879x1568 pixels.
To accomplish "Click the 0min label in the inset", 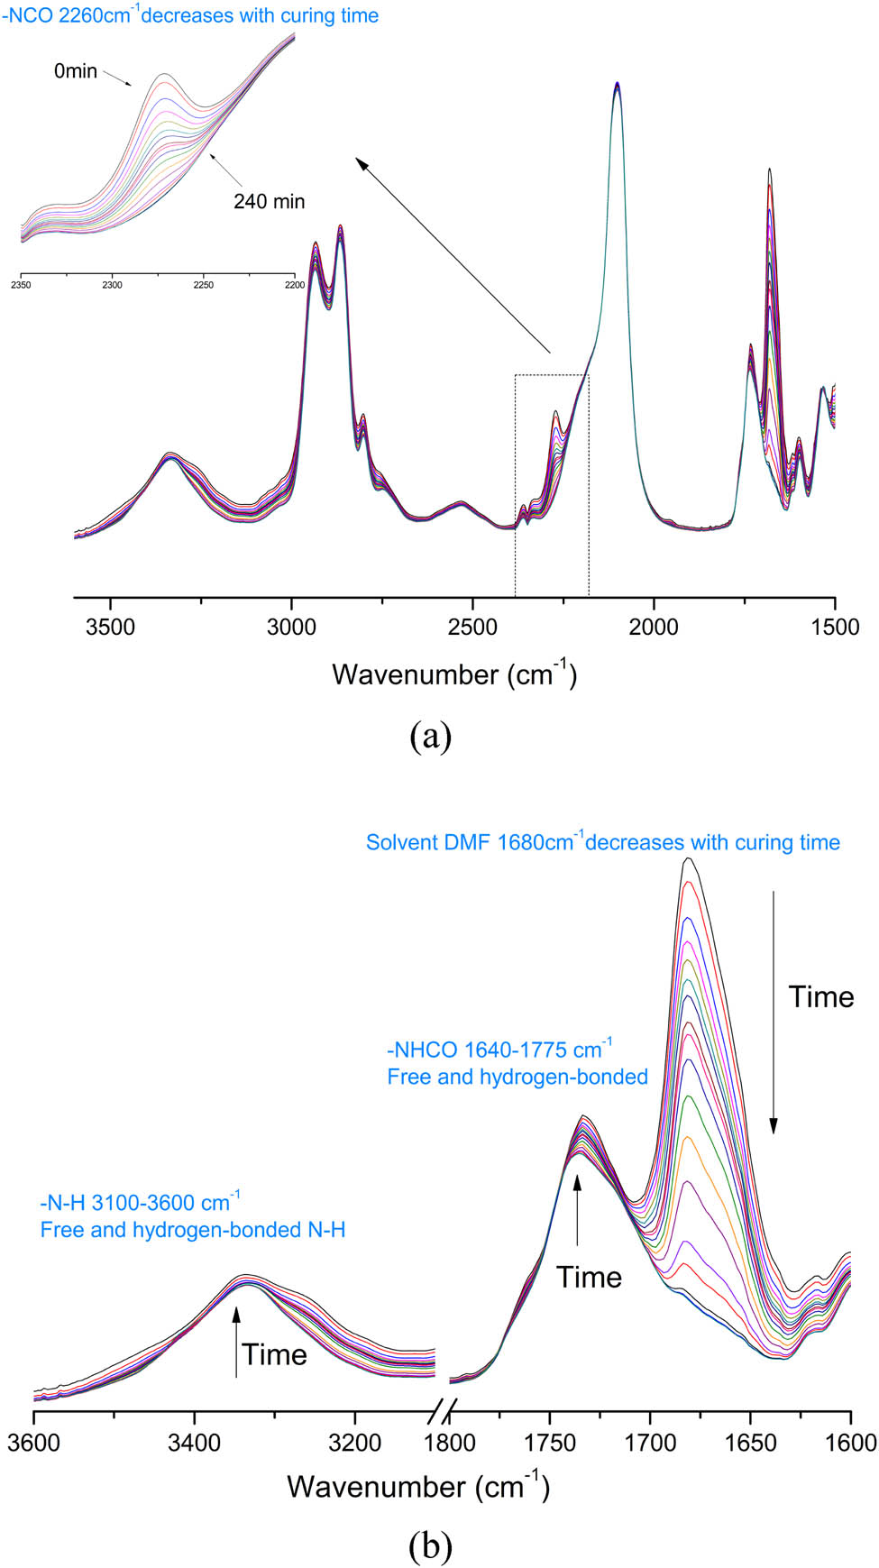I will pyautogui.click(x=75, y=71).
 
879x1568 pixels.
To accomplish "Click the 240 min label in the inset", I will pyautogui.click(x=269, y=201).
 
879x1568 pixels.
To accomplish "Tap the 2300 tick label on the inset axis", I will pyautogui.click(x=112, y=285).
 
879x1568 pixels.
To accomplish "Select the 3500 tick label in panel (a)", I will pyautogui.click(x=110, y=627).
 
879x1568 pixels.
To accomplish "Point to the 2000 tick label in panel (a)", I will pyautogui.click(x=654, y=627).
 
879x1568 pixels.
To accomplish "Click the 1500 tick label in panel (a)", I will pyautogui.click(x=835, y=627).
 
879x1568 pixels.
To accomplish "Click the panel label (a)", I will pyautogui.click(x=430, y=737).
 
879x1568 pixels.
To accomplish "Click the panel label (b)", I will pyautogui.click(x=430, y=1546).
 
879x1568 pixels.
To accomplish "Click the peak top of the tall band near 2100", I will pyautogui.click(x=617, y=84).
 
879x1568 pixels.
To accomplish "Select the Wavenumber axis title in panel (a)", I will pyautogui.click(x=453, y=674).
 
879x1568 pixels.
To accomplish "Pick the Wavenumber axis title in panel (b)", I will pyautogui.click(x=418, y=1486).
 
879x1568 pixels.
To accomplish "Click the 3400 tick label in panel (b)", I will pyautogui.click(x=194, y=1443).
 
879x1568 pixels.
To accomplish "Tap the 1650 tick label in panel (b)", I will pyautogui.click(x=750, y=1443).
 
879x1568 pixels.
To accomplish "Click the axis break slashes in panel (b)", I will pyautogui.click(x=443, y=1408).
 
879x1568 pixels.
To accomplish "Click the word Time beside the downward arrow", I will pyautogui.click(x=820, y=996).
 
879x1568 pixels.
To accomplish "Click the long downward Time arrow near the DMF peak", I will pyautogui.click(x=773, y=1010).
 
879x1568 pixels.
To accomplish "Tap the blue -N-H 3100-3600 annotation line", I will pyautogui.click(x=140, y=1203).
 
